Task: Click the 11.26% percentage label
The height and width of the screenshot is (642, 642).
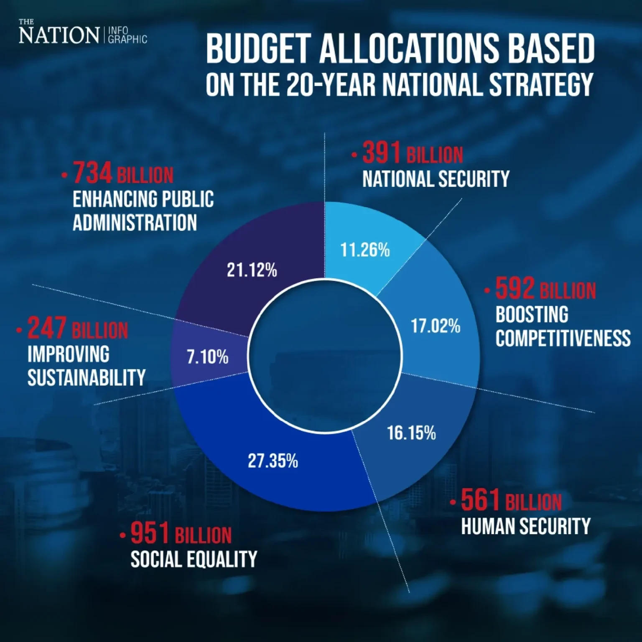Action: pos(365,250)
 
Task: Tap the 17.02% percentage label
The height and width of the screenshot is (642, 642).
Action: pos(436,326)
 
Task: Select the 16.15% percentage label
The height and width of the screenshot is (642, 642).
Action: pos(411,433)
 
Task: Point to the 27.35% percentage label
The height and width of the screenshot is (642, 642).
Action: pos(273,461)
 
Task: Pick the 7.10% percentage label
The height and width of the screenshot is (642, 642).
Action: pos(207,357)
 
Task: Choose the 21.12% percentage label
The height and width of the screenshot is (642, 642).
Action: pos(252,270)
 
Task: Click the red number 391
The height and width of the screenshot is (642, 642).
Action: pos(381,153)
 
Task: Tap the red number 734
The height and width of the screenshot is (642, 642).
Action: pos(92,173)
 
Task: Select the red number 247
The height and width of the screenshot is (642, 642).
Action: pos(47,329)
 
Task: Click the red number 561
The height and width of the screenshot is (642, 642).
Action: pos(480,500)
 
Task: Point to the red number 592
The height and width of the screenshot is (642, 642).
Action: pos(515,289)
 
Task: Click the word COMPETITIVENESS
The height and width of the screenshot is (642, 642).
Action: pos(563,338)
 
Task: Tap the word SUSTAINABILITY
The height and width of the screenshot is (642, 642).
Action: pos(87,378)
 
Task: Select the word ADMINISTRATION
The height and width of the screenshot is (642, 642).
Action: pos(135,222)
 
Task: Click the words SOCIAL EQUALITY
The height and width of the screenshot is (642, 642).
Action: pos(194,559)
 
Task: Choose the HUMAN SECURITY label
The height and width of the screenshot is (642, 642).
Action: pos(525,526)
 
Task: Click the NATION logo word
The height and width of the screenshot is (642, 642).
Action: pos(59,36)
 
